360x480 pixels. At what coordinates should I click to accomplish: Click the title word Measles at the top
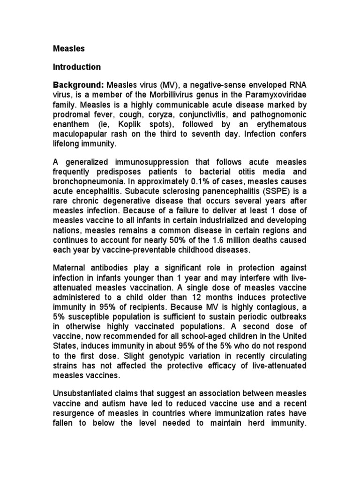tap(66, 48)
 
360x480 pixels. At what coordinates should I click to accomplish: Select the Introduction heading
tap(76, 67)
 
